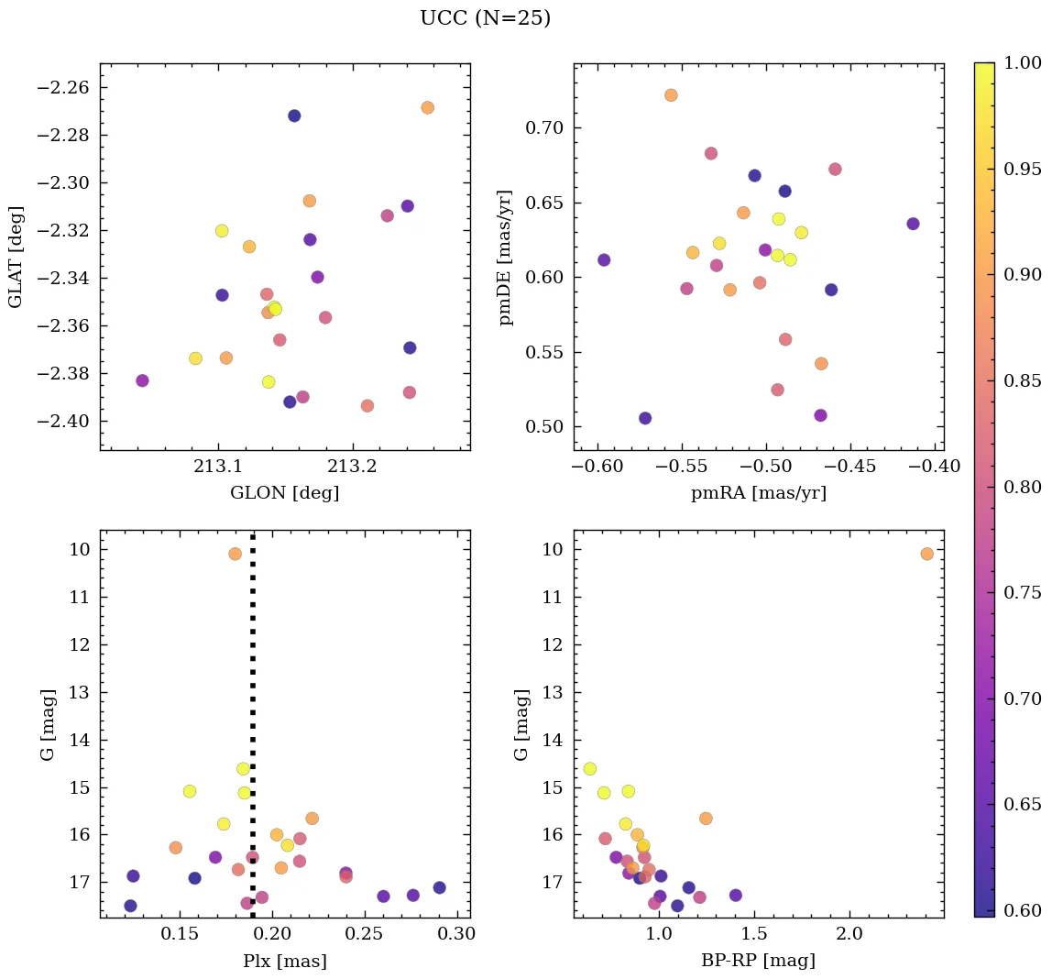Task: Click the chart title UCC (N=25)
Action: click(x=485, y=18)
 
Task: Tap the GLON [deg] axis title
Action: click(x=285, y=493)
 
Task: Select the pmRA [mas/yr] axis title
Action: click(x=758, y=493)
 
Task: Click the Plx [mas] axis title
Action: click(x=285, y=961)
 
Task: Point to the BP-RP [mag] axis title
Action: click(x=758, y=961)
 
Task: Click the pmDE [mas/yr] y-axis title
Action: click(x=505, y=257)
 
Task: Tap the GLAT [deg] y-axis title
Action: click(x=16, y=257)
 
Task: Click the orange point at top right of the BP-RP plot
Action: click(x=926, y=554)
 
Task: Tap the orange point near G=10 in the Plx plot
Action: click(x=236, y=554)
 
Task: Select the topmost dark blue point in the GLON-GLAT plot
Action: click(x=294, y=115)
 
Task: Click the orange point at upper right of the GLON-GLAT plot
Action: click(x=427, y=107)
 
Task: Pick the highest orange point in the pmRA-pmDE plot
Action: click(x=671, y=95)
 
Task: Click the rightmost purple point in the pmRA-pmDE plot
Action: click(x=913, y=224)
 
